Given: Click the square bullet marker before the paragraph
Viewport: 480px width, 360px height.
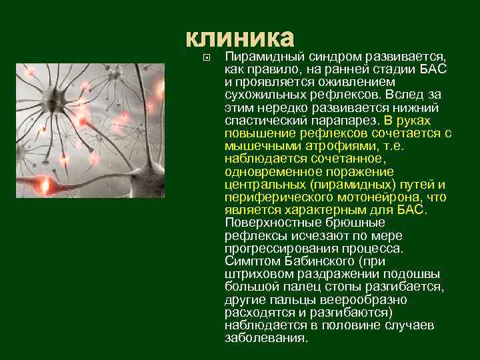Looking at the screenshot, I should [206, 58].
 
